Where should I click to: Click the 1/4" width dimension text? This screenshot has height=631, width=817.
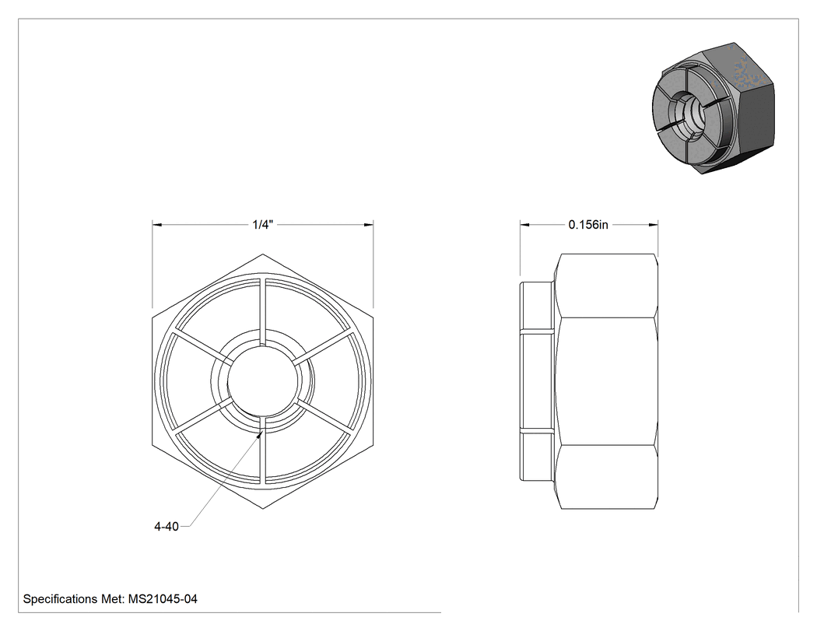point(263,225)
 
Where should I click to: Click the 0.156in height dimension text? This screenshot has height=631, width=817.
point(588,225)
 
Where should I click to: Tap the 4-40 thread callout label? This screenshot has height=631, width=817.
point(167,527)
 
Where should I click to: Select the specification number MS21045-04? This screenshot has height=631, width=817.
point(163,599)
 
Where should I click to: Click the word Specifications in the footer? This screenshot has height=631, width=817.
point(61,599)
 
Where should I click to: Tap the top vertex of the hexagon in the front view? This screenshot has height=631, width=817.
point(263,254)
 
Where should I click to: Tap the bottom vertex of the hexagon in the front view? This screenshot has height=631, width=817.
point(263,509)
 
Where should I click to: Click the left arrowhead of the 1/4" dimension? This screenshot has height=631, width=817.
point(157,225)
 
